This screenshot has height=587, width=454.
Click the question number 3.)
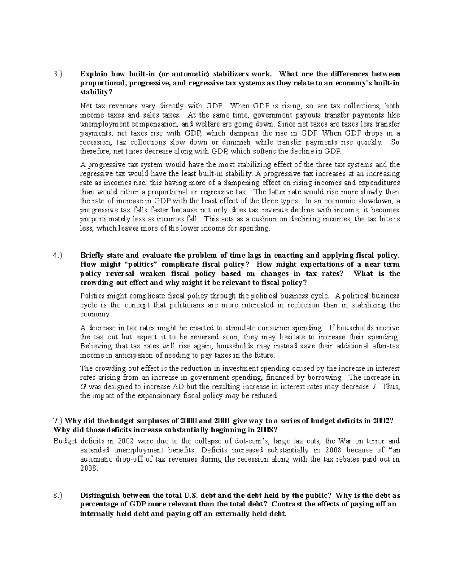pos(57,74)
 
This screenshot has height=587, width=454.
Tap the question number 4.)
pos(57,256)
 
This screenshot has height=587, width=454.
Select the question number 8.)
pos(57,496)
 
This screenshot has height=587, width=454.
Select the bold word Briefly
pos(93,256)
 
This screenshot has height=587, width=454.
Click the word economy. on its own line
pos(95,314)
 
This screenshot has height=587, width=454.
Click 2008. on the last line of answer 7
pos(89,468)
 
